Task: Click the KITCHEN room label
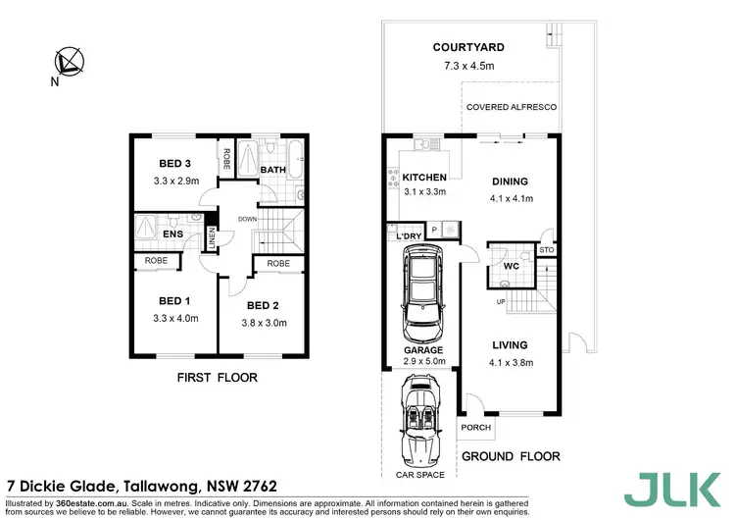(x=424, y=178)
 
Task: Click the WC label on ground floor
(x=510, y=266)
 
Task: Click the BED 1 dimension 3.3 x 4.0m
(x=177, y=319)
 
